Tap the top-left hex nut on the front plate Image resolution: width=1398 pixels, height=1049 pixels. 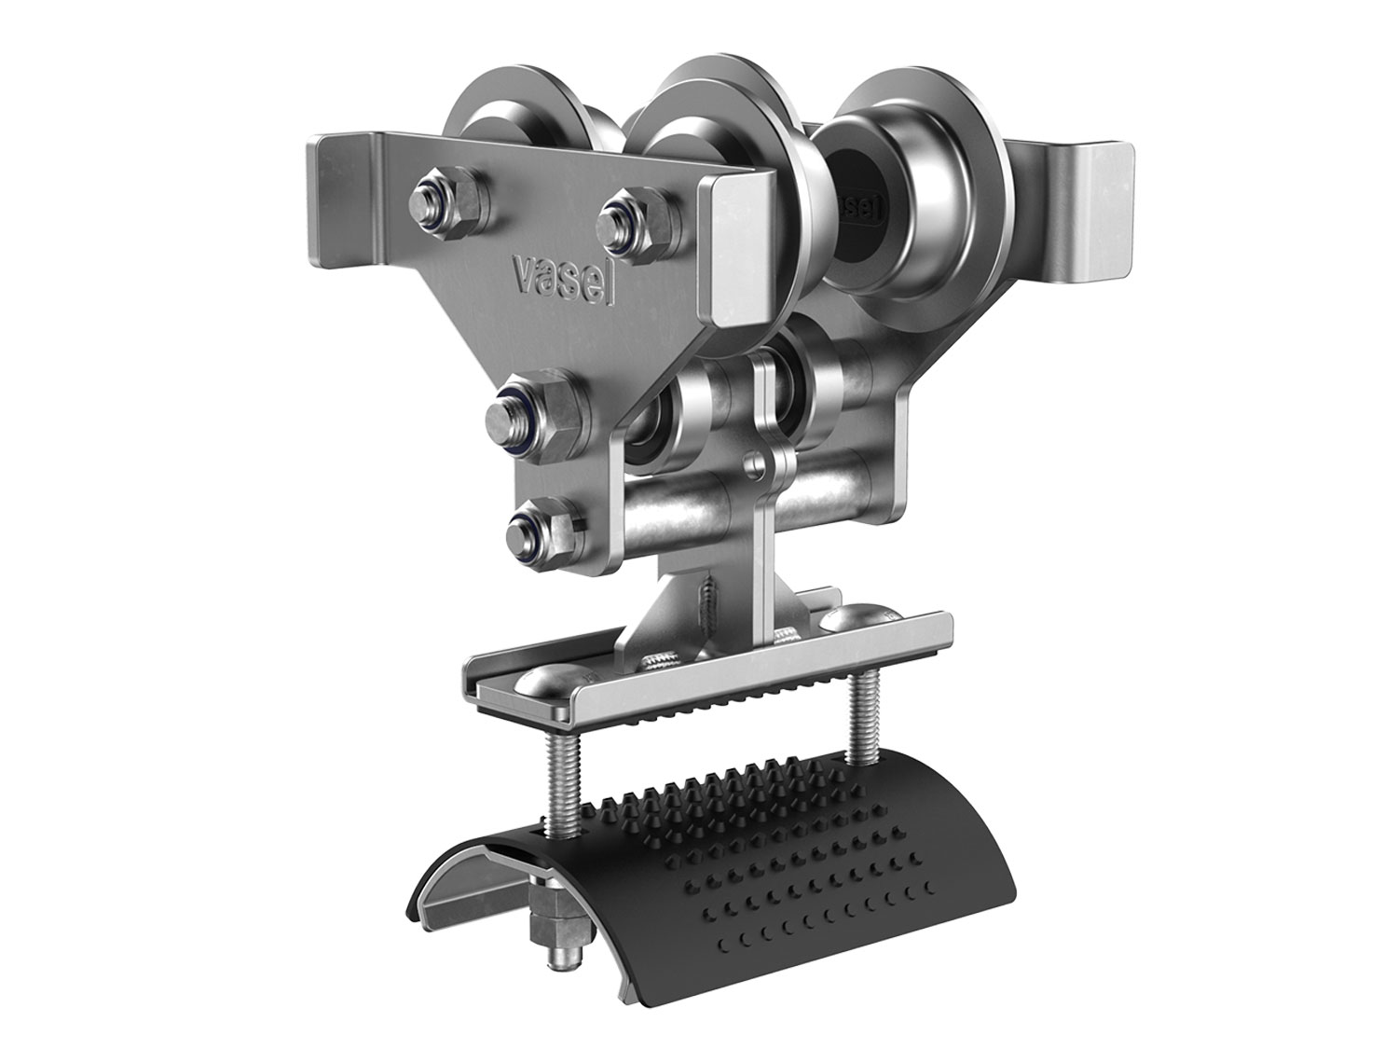(448, 203)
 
